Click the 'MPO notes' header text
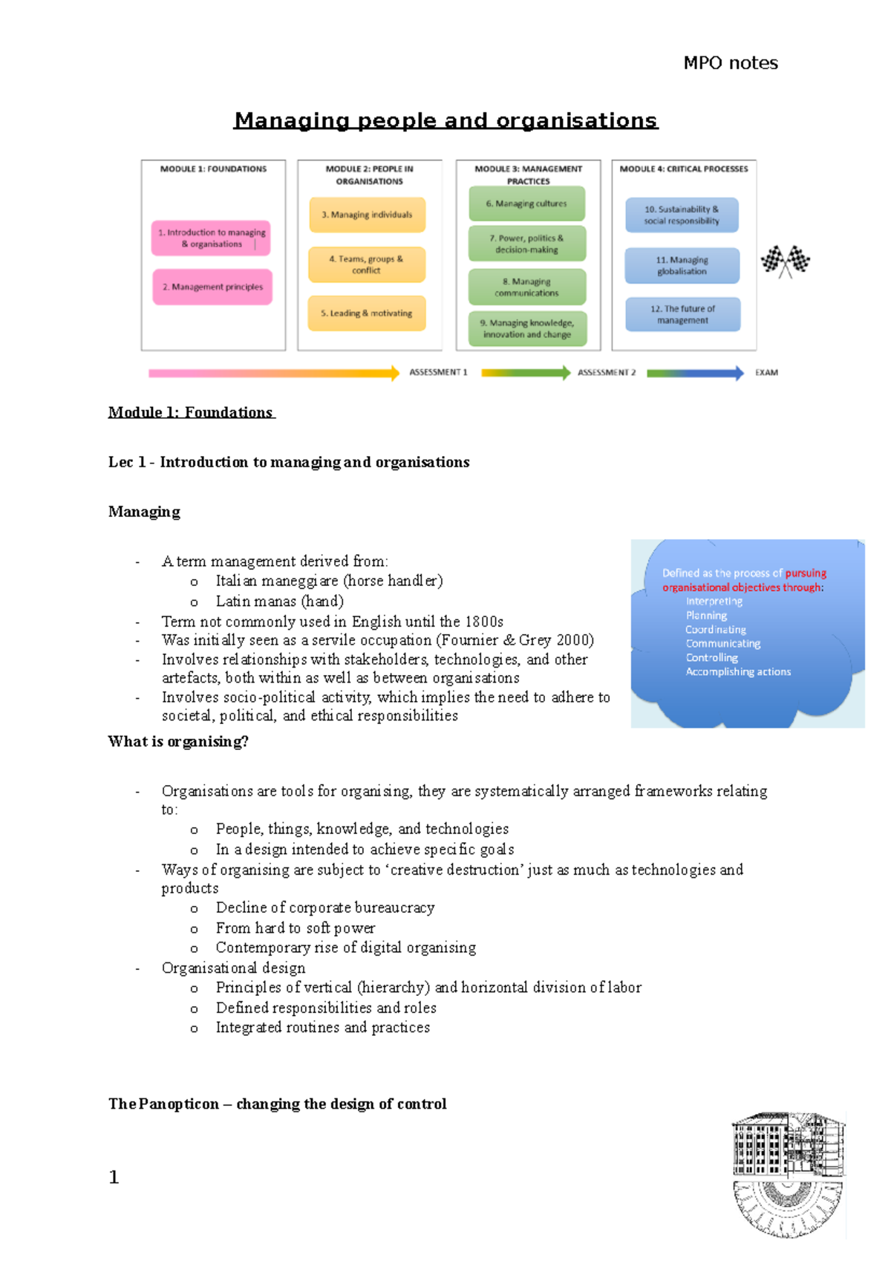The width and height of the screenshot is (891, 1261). (x=730, y=63)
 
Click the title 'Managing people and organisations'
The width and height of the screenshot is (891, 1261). (x=446, y=120)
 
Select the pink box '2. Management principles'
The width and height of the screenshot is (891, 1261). (x=212, y=287)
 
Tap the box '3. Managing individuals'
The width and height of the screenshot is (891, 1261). (x=367, y=215)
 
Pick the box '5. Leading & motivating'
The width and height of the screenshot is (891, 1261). (x=367, y=313)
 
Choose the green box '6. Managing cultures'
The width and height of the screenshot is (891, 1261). (x=526, y=203)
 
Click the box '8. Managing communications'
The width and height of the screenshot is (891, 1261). (x=526, y=287)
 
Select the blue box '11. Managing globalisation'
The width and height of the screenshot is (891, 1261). (x=682, y=266)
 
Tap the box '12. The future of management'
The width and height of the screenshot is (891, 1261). (x=682, y=314)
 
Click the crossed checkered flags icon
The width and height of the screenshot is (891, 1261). (x=785, y=261)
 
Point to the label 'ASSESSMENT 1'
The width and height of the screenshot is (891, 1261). (x=438, y=373)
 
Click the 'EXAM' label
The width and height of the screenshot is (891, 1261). (x=766, y=373)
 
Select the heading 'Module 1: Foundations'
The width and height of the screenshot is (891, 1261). (x=191, y=413)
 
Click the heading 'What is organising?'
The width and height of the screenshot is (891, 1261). (x=178, y=742)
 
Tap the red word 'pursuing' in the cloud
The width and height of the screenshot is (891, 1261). (x=806, y=573)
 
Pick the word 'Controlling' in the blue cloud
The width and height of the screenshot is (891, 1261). (x=711, y=658)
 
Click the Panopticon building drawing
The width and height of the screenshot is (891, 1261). (x=788, y=1173)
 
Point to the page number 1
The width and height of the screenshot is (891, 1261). (x=114, y=1177)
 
